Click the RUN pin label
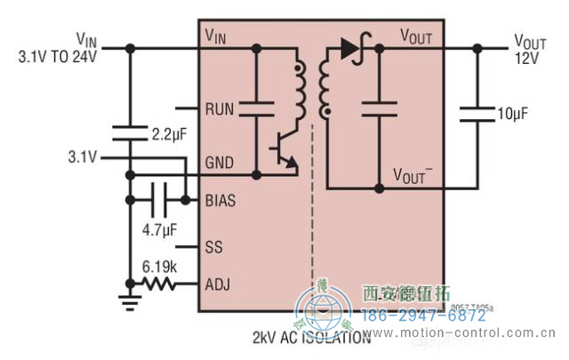(219, 109)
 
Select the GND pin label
(219, 164)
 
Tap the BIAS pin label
(220, 201)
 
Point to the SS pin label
(213, 245)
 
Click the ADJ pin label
(217, 284)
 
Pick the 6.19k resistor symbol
(160, 284)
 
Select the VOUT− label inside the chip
(413, 175)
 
